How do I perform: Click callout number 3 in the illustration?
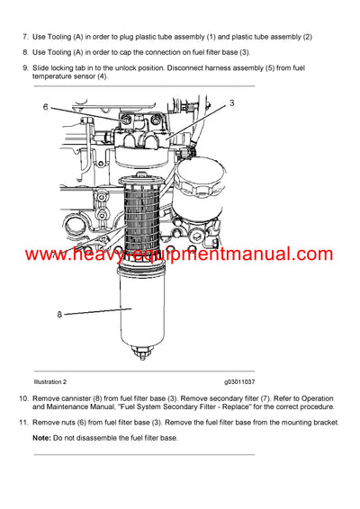pyautogui.click(x=230, y=103)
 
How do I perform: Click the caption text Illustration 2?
pyautogui.click(x=54, y=381)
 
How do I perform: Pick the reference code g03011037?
pyautogui.click(x=234, y=381)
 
